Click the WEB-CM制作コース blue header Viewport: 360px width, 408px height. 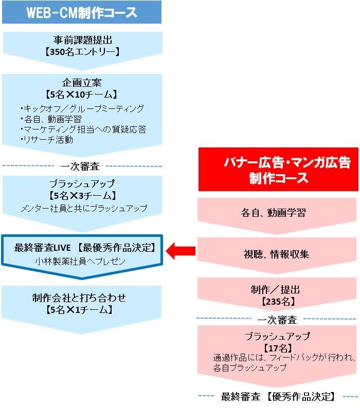(82, 12)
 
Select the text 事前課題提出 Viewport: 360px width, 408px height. (82, 40)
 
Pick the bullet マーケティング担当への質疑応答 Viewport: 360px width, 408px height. (83, 129)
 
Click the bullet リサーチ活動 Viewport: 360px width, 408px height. (47, 139)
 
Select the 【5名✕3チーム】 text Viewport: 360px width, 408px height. (82, 196)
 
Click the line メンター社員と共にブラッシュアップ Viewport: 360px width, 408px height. (84, 208)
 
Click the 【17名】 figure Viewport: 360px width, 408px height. (277, 347)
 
